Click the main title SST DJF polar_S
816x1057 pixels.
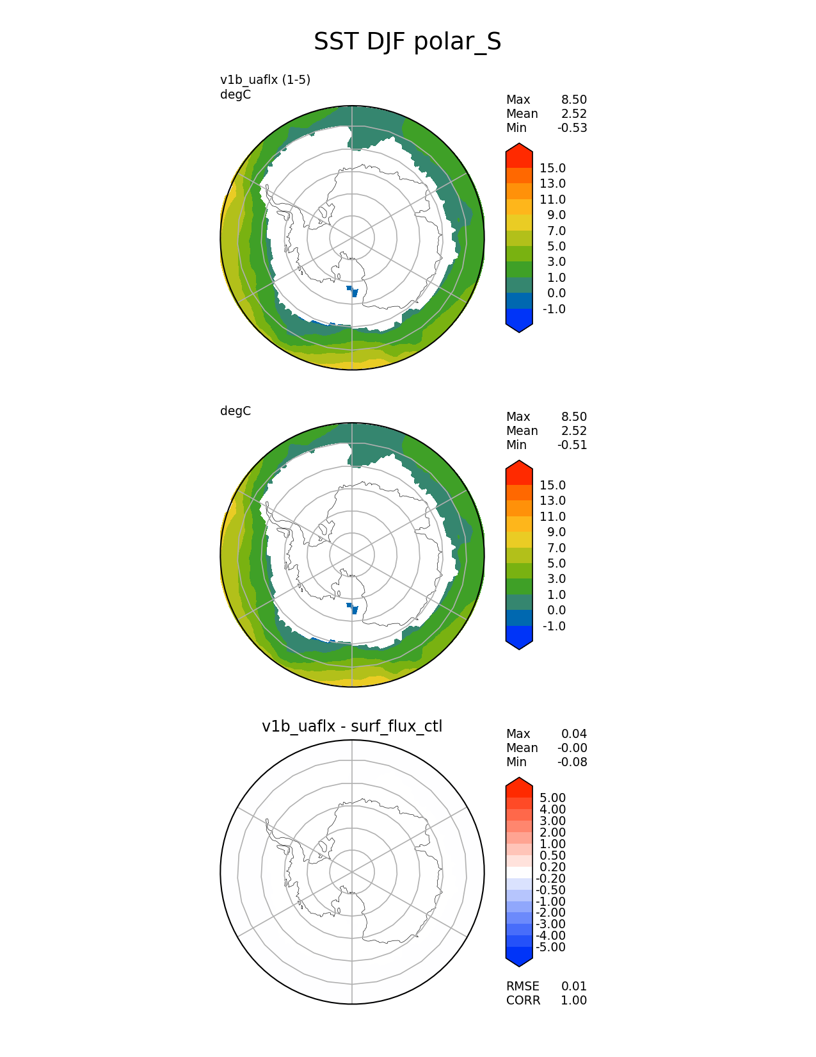[407, 42]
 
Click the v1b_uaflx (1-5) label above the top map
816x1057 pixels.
[265, 80]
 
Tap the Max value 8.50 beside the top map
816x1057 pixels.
[573, 100]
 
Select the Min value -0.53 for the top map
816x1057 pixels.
[572, 128]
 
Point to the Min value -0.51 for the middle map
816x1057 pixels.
[572, 445]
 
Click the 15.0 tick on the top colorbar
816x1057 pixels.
[552, 168]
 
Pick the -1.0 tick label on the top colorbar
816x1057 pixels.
[554, 309]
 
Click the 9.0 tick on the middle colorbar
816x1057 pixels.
[556, 532]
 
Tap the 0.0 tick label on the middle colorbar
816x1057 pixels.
[556, 610]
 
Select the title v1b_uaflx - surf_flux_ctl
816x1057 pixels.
[352, 726]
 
